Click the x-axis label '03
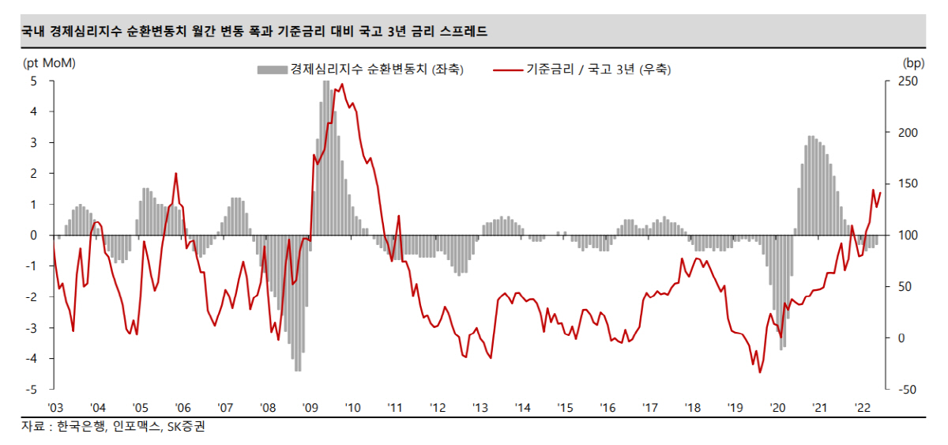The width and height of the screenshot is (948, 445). [x=55, y=407]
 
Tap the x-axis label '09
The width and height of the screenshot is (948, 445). [x=310, y=407]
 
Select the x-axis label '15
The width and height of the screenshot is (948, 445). [x=565, y=407]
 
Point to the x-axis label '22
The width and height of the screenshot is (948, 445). [x=863, y=407]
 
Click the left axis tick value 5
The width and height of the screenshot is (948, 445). [x=33, y=81]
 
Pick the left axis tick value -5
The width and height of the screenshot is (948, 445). [x=31, y=390]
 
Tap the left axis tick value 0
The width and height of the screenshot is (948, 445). [x=33, y=235]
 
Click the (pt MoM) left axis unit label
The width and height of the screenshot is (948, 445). [x=50, y=62]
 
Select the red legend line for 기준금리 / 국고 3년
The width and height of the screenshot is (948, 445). [x=508, y=70]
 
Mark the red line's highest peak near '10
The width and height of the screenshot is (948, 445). [x=341, y=85]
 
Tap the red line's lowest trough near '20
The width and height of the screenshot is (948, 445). [x=760, y=372]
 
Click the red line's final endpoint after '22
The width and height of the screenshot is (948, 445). [x=880, y=193]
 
